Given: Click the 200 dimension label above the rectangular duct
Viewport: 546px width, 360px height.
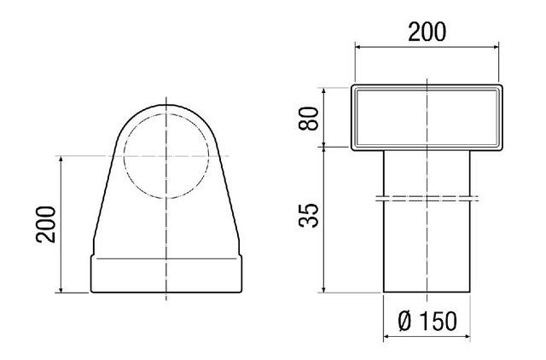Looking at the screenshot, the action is coord(427,32).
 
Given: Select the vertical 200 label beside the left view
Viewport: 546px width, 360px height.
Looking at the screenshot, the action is coord(45,224).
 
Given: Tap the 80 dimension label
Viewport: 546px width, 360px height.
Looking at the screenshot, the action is coord(309,119).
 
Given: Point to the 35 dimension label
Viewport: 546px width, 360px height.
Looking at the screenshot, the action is coord(309,216).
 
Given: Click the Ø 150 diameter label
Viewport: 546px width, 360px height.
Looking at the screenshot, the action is coord(427,321).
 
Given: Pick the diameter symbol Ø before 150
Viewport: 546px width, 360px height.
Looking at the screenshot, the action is coord(404,321).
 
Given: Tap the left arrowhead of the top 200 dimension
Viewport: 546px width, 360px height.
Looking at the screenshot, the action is coord(358,48).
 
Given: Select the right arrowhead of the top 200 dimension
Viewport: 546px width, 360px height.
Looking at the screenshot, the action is coord(496,48).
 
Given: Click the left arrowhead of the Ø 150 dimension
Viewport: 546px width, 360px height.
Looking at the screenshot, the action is coord(386,337).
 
